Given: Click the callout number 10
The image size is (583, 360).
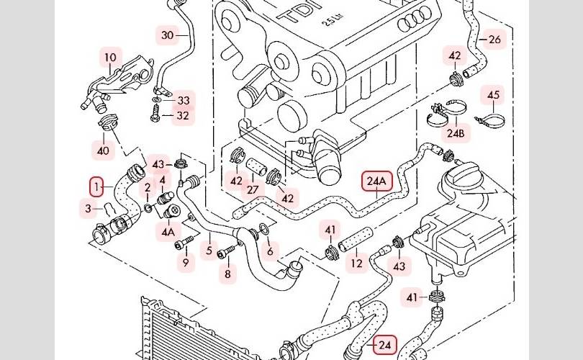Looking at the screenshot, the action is coord(110,58).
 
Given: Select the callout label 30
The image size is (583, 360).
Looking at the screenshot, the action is coord(168,35).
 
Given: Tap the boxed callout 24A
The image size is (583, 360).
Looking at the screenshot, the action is coord(377,181).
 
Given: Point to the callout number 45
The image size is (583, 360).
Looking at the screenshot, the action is coord(494,95).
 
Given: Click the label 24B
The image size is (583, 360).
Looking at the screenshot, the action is coord(456,132).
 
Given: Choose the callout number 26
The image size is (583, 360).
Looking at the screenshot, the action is coord(494,39).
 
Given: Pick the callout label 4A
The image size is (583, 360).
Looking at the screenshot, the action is coord(168,232).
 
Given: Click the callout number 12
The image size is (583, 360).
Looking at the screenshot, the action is coord(356,264).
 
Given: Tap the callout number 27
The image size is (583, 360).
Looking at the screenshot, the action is coord(253,189).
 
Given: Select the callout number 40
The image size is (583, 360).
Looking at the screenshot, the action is coord(103,150).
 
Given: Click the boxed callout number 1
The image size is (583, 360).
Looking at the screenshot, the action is coord(96,186).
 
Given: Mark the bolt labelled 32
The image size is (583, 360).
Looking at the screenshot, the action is coord(155,113).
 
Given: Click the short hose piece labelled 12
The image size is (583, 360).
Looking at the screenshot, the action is coord(355,238).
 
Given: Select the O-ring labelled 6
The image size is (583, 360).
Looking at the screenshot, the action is coord(263,230).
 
